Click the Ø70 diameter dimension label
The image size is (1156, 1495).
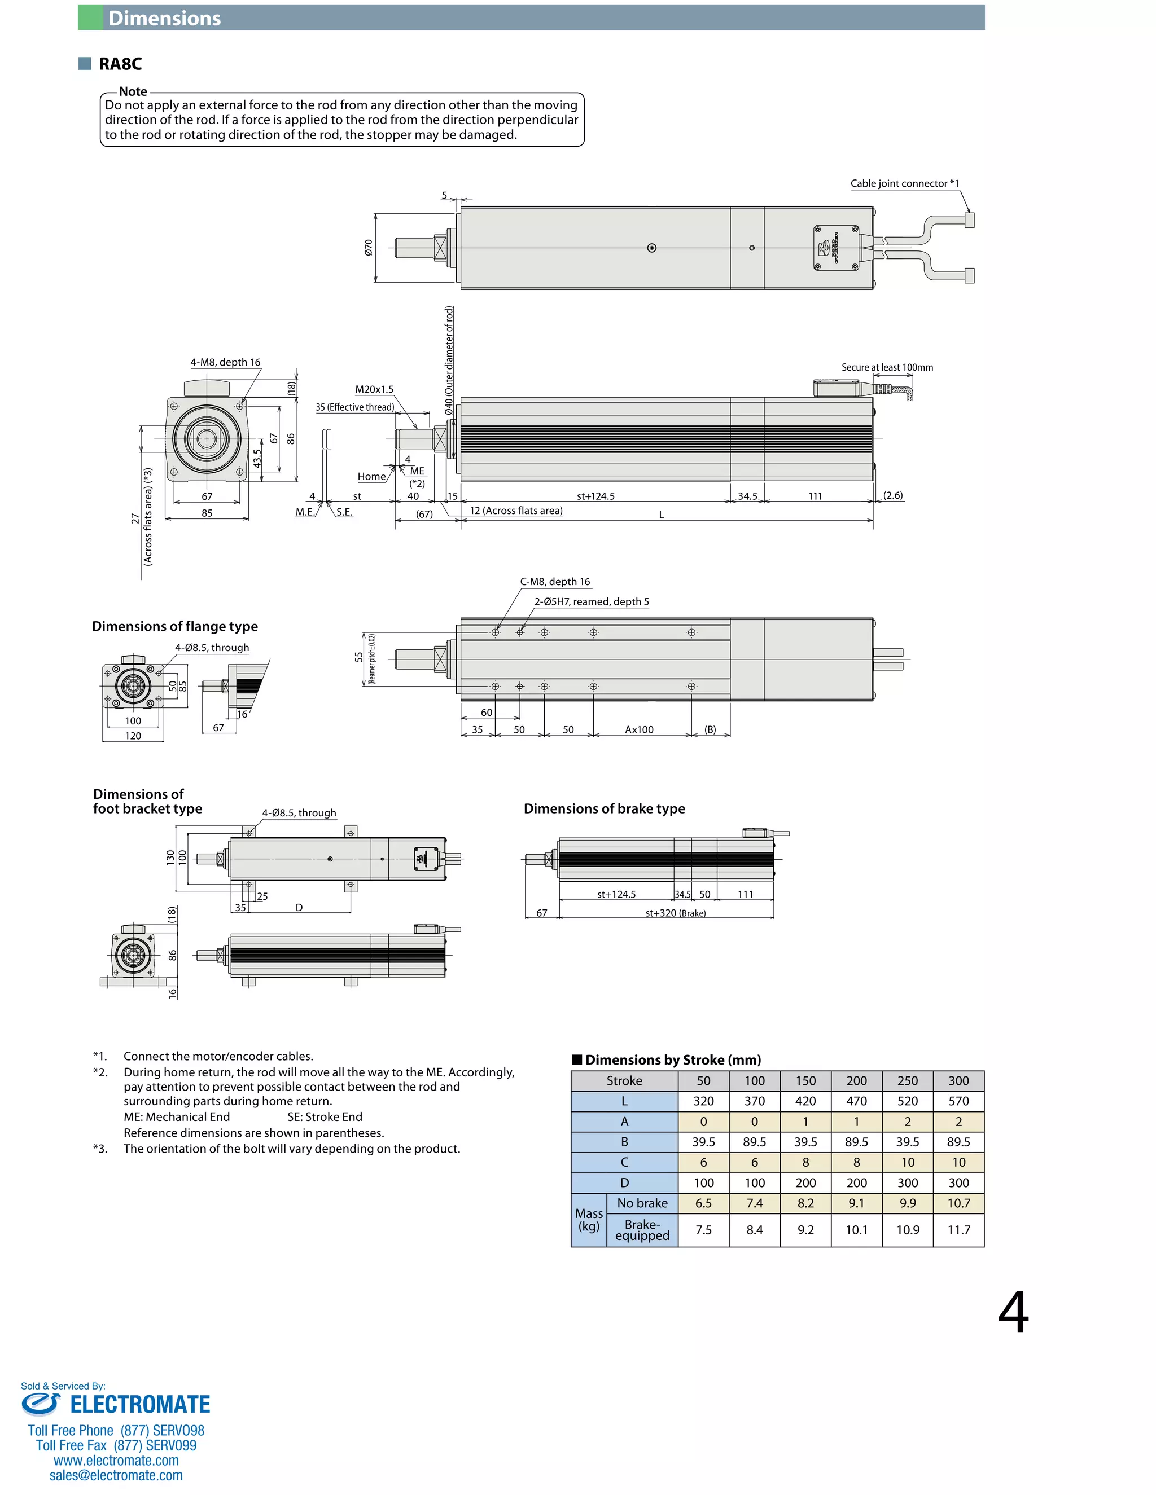tap(369, 247)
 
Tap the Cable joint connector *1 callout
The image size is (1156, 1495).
tap(904, 183)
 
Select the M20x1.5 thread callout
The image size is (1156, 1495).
tap(374, 389)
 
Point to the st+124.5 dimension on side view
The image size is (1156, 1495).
tap(595, 496)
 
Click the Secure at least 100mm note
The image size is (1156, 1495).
tap(887, 368)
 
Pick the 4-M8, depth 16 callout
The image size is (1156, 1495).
tap(225, 362)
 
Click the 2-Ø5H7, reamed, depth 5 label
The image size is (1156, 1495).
tap(591, 602)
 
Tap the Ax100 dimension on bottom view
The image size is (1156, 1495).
tap(639, 729)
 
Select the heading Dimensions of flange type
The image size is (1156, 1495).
tap(174, 626)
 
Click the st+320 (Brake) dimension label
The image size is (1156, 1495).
tap(675, 913)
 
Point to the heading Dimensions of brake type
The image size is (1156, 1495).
tap(604, 808)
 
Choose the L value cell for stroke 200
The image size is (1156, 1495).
tap(856, 1101)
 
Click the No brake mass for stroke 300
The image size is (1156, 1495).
tap(958, 1203)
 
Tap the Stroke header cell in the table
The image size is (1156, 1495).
tap(624, 1081)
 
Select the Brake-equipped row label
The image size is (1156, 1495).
tap(642, 1230)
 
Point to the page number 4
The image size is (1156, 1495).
tap(1013, 1312)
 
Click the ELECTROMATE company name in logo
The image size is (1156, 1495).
tap(140, 1405)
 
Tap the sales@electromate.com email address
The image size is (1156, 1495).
tap(116, 1475)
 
